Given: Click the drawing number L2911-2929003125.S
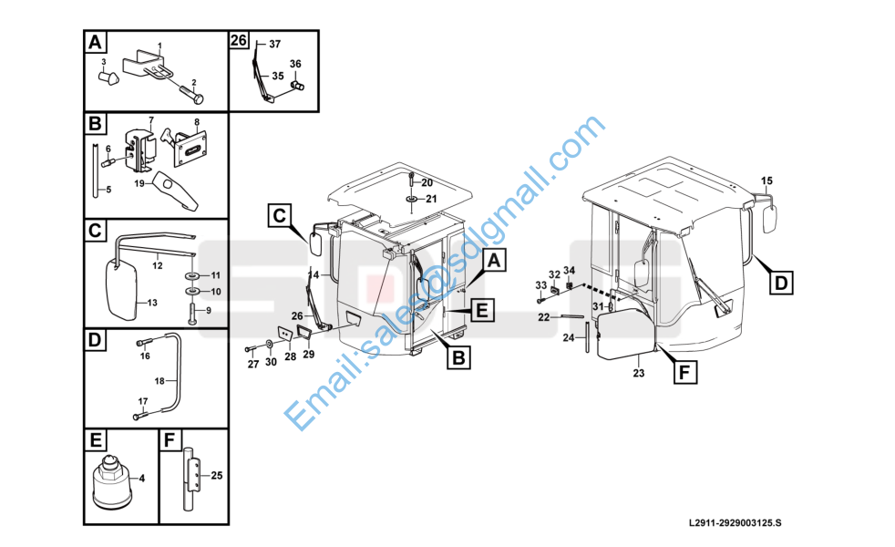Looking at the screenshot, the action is (736, 522).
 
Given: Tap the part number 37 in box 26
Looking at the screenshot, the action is (275, 44).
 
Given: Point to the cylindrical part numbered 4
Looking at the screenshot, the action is (112, 483).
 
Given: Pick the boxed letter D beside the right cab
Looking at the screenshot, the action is (781, 283).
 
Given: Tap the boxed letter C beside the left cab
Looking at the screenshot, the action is (279, 216).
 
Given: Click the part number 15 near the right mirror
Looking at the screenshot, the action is (766, 181).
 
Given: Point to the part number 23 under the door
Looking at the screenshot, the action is (638, 373).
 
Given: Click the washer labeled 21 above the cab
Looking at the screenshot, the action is (411, 200).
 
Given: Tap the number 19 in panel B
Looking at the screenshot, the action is (139, 184).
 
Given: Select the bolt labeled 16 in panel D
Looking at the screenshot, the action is (144, 343).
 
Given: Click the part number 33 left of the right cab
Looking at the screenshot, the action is (541, 285).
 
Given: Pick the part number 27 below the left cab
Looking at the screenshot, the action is (252, 365).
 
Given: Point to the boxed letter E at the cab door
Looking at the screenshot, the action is (482, 311).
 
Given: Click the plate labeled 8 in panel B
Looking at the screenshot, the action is (190, 146).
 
